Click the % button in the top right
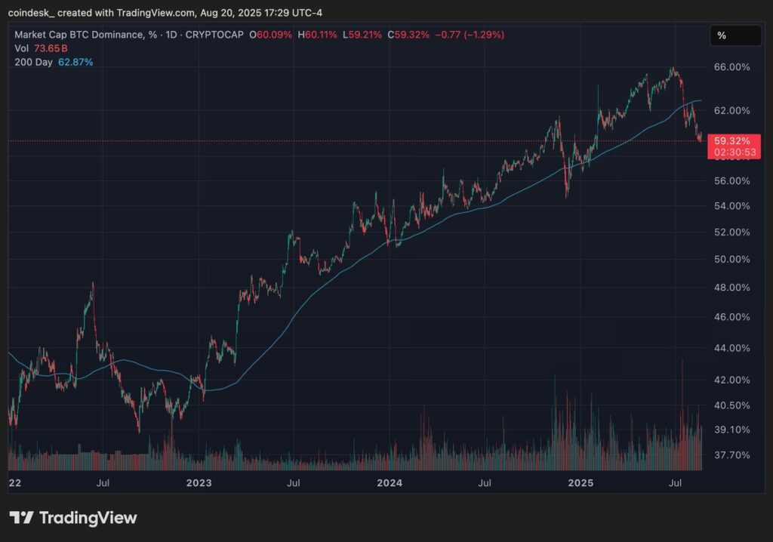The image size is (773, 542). point(735,35)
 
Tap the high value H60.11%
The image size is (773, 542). point(322,35)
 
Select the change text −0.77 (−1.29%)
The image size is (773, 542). point(471,35)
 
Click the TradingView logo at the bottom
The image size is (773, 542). point(73,518)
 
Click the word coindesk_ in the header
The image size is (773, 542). point(35,11)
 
